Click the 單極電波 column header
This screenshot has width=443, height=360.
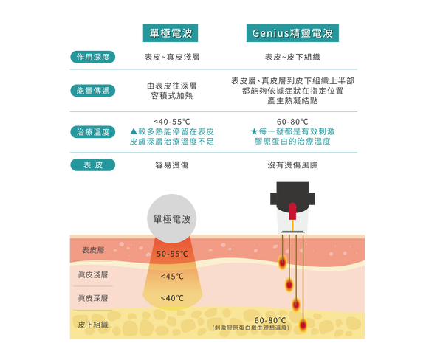[171, 34]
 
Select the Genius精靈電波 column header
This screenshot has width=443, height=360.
[292, 34]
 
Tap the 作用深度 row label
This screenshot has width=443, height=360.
[92, 56]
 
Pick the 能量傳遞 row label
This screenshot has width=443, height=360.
[92, 91]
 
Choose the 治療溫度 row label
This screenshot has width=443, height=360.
[92, 132]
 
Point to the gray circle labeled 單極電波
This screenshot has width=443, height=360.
[171, 218]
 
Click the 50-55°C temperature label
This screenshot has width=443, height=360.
[171, 254]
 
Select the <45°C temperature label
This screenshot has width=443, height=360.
[171, 277]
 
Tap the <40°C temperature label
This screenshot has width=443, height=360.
[171, 298]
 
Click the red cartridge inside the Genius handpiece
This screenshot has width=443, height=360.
[292, 211]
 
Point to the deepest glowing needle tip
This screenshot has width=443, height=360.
[303, 325]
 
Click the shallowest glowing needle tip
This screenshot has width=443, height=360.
[282, 262]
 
